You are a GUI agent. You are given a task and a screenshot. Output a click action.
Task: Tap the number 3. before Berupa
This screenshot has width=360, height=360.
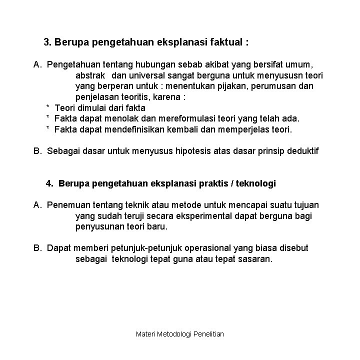[x=48, y=42]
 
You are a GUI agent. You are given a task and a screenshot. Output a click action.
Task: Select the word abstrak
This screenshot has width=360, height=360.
[x=90, y=75]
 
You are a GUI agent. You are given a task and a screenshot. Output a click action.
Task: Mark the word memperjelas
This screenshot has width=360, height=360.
[x=246, y=129]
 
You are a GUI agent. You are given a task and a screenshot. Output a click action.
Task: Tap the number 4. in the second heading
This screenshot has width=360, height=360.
[x=49, y=183]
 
